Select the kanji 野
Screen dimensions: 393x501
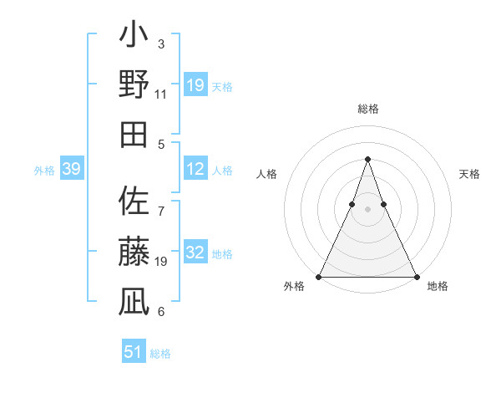(x=134, y=84)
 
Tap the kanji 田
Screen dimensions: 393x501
(x=134, y=134)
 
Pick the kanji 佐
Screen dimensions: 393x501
(x=134, y=202)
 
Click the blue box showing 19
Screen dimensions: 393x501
(x=195, y=85)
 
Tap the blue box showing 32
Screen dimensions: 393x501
(x=195, y=253)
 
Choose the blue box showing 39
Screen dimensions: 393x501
(x=71, y=170)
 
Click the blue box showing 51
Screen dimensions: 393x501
(x=134, y=352)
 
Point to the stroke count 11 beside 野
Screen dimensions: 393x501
(x=161, y=94)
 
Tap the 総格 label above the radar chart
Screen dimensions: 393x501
(x=368, y=109)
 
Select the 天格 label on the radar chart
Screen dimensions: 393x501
(x=470, y=174)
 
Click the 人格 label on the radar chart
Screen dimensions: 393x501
(x=266, y=174)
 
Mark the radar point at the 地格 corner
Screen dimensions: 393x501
(x=416, y=277)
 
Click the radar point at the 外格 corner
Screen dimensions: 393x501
(x=319, y=277)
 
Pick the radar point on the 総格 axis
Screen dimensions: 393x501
(x=367, y=159)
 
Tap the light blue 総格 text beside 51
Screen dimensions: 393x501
(x=160, y=354)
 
